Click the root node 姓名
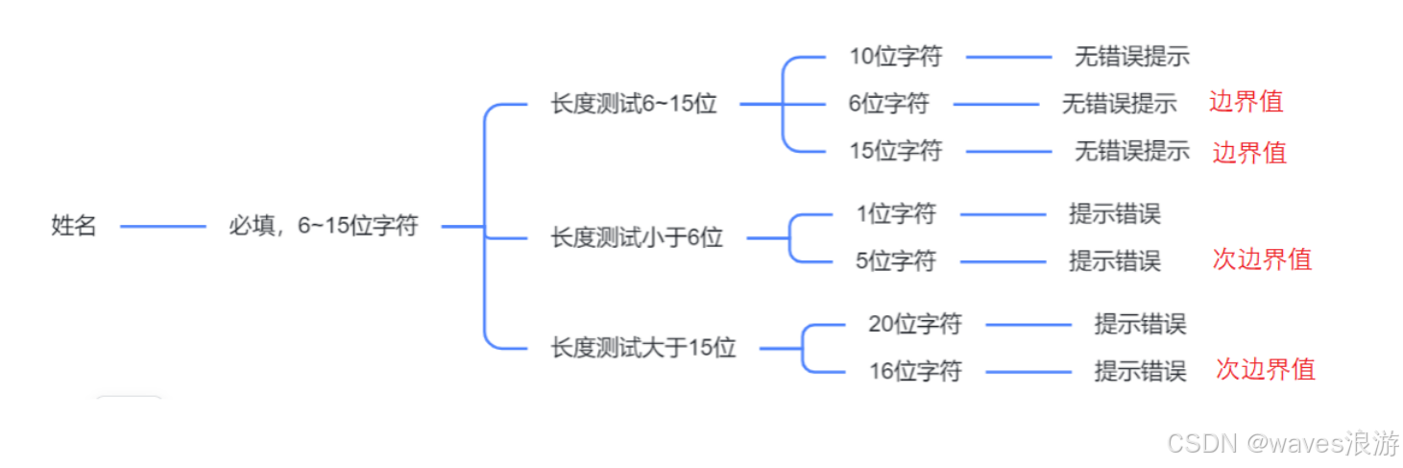[x=74, y=227]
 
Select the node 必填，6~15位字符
[x=324, y=227]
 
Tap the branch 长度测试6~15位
[x=633, y=104]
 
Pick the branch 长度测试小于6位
[x=636, y=237]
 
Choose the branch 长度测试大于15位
[x=642, y=348]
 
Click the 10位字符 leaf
[x=895, y=57]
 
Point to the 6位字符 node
[x=888, y=104]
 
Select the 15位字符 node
[x=895, y=151]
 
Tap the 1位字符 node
[x=895, y=213]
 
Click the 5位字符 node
[x=895, y=260]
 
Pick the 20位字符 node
[x=914, y=325]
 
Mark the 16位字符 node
[x=914, y=371]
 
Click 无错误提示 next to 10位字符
[x=1131, y=57]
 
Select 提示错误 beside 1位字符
[x=1114, y=213]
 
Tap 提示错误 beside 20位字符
[x=1140, y=325]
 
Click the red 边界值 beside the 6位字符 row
[x=1246, y=102]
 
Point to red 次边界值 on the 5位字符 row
[x=1261, y=259]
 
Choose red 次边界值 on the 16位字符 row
[x=1265, y=369]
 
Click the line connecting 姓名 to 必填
[x=163, y=228]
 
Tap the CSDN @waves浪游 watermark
[x=1282, y=443]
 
